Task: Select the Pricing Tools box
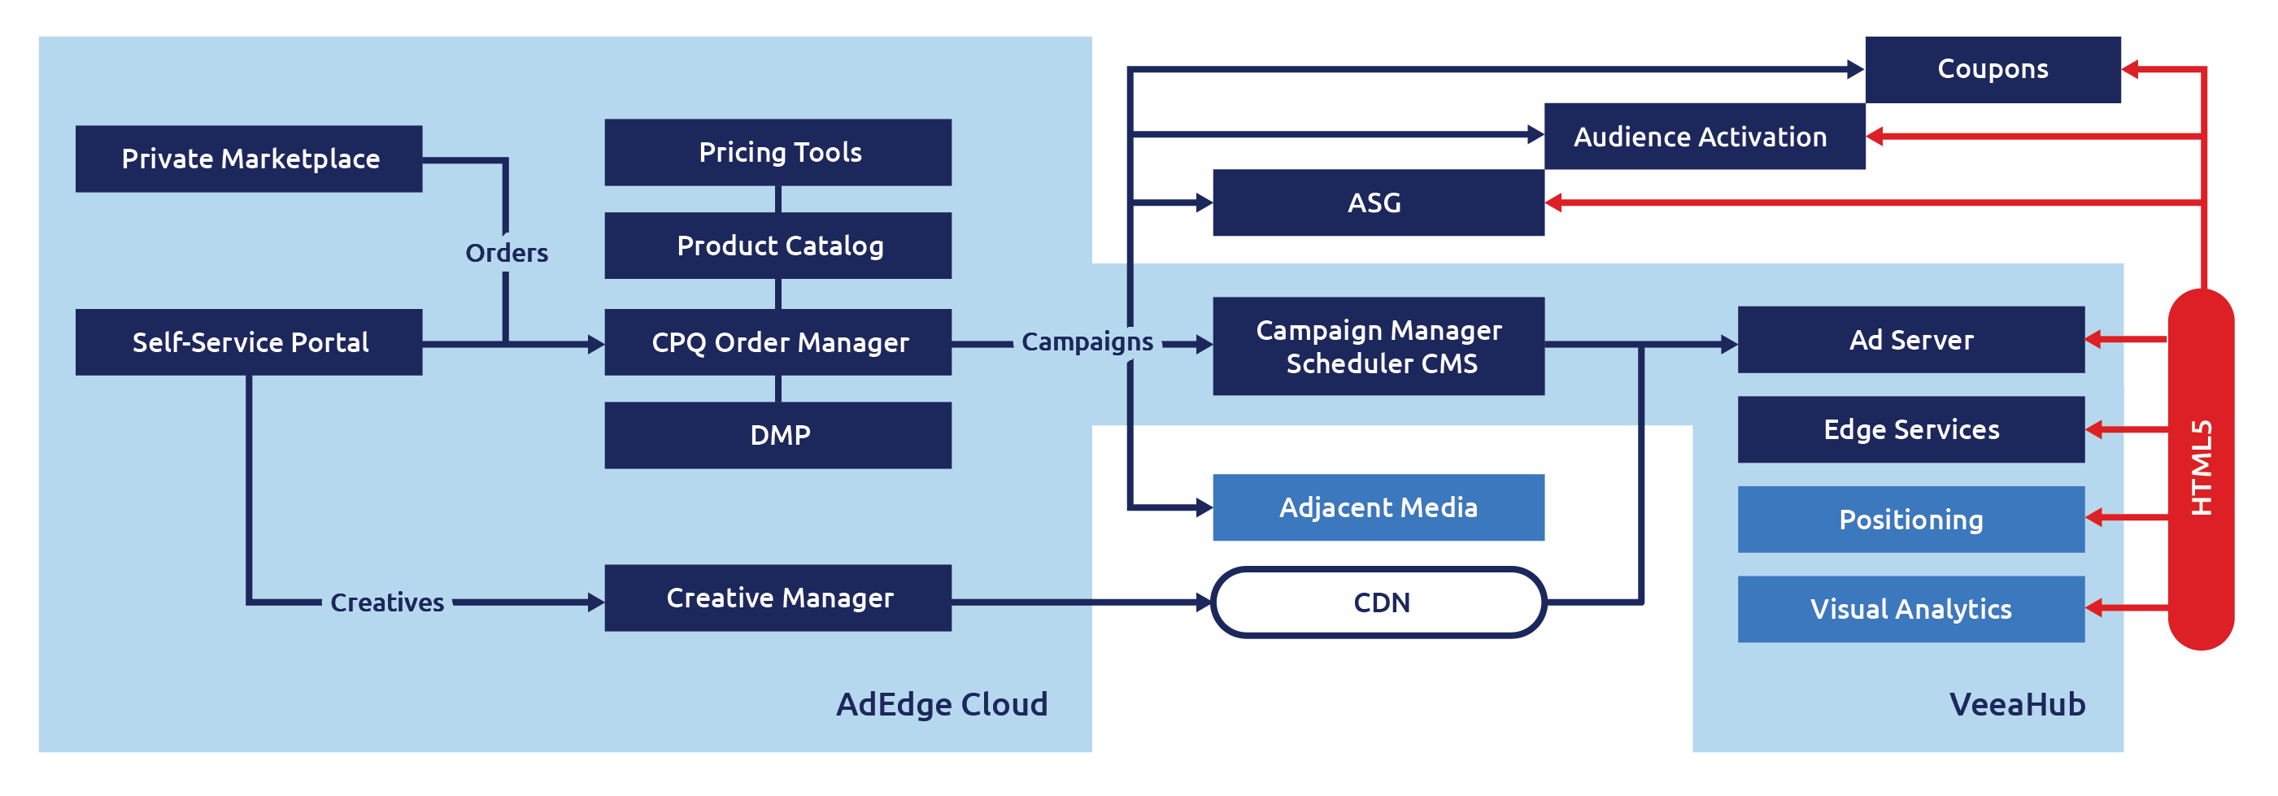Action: point(777,152)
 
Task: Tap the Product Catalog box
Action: point(777,245)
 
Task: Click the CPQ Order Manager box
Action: point(777,342)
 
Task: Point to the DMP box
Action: point(777,435)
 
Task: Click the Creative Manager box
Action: point(777,598)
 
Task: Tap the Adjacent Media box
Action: point(1378,507)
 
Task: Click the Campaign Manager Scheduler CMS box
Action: point(1378,346)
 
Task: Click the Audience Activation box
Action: point(1703,137)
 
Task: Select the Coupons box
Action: point(1993,69)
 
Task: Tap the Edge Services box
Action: point(1910,430)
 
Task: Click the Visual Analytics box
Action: point(1910,608)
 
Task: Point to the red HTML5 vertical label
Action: point(2200,469)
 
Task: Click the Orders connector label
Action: point(507,253)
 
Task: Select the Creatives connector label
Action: point(386,602)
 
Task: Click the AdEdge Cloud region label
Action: point(941,704)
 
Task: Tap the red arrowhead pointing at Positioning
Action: point(2094,518)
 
